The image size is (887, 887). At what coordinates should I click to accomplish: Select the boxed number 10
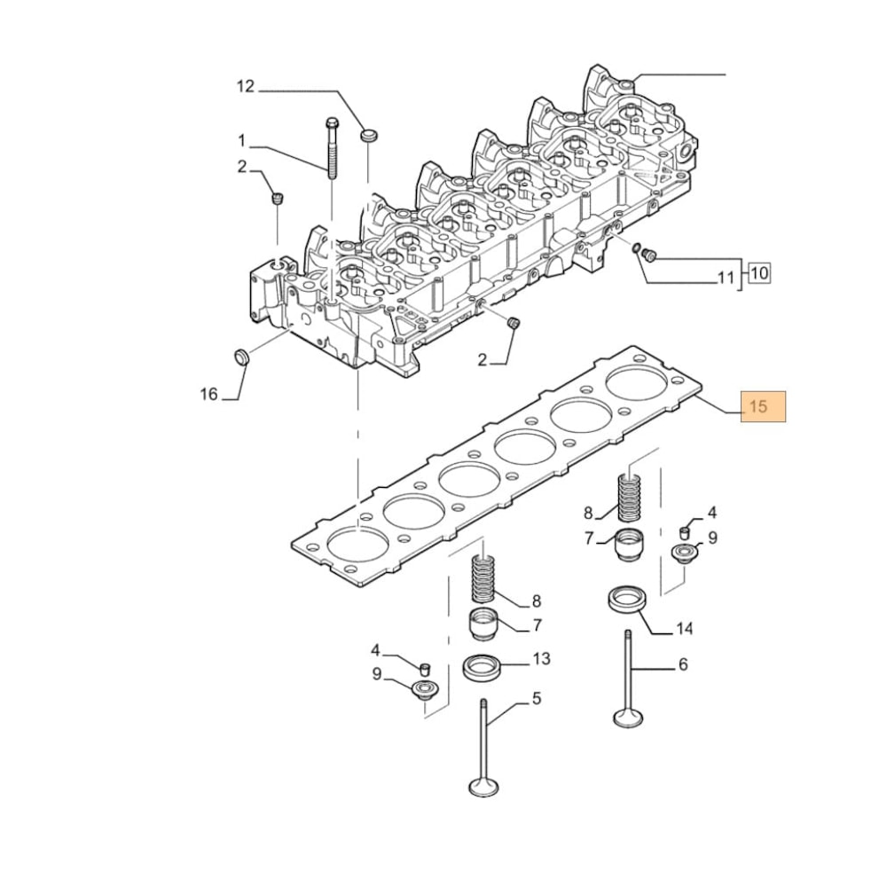[758, 273]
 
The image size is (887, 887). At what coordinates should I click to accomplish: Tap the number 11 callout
[726, 279]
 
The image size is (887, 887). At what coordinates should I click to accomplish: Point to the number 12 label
[246, 86]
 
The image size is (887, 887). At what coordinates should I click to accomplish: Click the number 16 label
[208, 394]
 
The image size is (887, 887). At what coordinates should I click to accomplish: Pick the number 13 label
[541, 659]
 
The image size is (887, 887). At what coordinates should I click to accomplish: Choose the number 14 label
[684, 629]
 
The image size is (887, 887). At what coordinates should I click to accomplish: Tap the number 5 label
[537, 699]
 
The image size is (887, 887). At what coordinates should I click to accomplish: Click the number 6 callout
[683, 664]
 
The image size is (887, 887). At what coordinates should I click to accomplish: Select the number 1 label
[240, 140]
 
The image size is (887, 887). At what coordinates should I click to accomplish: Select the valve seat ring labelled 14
[625, 600]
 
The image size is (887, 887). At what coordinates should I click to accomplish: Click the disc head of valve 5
[483, 786]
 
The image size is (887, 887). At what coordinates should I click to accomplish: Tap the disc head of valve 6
[627, 717]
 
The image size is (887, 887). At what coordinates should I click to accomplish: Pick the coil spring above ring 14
[628, 498]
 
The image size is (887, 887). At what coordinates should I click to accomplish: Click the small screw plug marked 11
[648, 256]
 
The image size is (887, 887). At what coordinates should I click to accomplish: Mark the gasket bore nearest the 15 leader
[638, 383]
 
